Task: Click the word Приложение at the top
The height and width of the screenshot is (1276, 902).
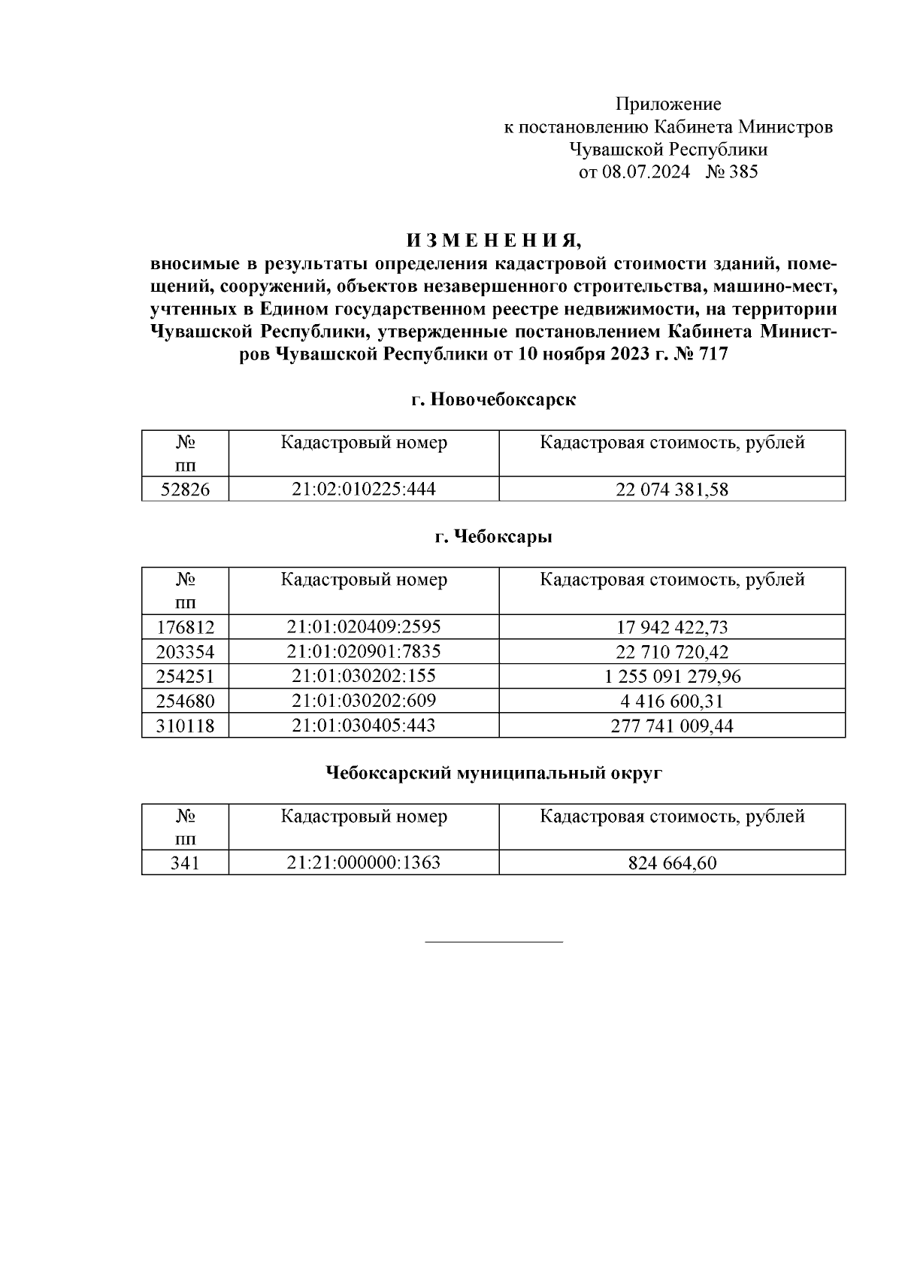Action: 668,104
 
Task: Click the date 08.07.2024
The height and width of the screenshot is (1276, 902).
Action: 646,172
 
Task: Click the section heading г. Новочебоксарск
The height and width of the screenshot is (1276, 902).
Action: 494,400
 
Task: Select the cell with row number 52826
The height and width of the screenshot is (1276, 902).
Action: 185,490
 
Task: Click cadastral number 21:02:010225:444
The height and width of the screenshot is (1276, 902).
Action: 364,489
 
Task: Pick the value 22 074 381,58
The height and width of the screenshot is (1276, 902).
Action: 672,490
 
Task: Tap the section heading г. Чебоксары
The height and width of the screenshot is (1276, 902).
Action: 494,537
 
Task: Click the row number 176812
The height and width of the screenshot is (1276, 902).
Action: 185,627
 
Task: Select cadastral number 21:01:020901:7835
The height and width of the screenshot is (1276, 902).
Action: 364,651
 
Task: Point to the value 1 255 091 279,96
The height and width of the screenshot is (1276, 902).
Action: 672,677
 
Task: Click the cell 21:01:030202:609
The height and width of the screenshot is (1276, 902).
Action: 364,701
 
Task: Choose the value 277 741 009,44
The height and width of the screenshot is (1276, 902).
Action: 672,726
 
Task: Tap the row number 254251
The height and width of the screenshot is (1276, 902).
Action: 185,677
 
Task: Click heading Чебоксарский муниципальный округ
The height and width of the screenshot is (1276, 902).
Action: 494,773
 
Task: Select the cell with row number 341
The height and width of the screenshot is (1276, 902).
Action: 185,863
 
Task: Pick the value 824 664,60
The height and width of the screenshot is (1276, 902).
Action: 672,863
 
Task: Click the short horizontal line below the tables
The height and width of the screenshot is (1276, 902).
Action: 494,941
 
